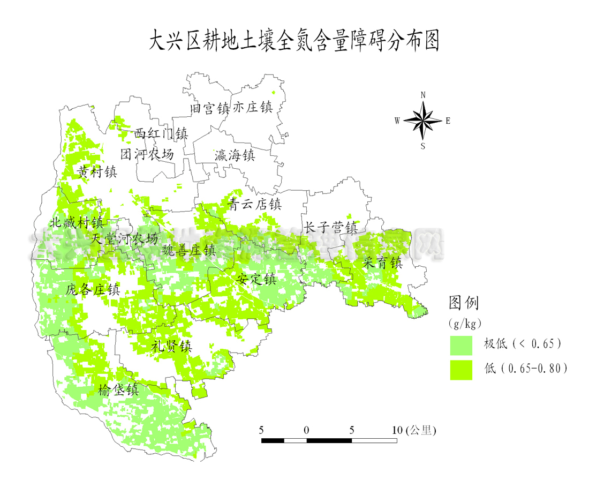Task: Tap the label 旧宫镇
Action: tap(210, 108)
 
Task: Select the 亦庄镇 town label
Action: tap(252, 107)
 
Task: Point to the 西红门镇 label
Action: tap(161, 133)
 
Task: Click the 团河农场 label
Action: tap(147, 155)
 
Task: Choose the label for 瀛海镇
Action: tap(235, 156)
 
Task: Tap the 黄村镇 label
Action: tap(97, 172)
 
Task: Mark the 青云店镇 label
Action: tap(254, 204)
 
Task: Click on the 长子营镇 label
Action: tap(330, 227)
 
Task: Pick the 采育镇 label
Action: tap(382, 262)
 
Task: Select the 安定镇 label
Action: tap(256, 279)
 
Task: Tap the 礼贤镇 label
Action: tap(171, 346)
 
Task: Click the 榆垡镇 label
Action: tap(118, 390)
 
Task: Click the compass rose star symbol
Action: tap(423, 121)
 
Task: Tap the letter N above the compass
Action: tap(423, 95)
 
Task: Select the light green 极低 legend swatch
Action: tap(460, 346)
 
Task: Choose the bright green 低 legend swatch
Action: tap(460, 370)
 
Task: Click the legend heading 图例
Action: tap(464, 303)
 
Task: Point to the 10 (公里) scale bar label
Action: tap(414, 430)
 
